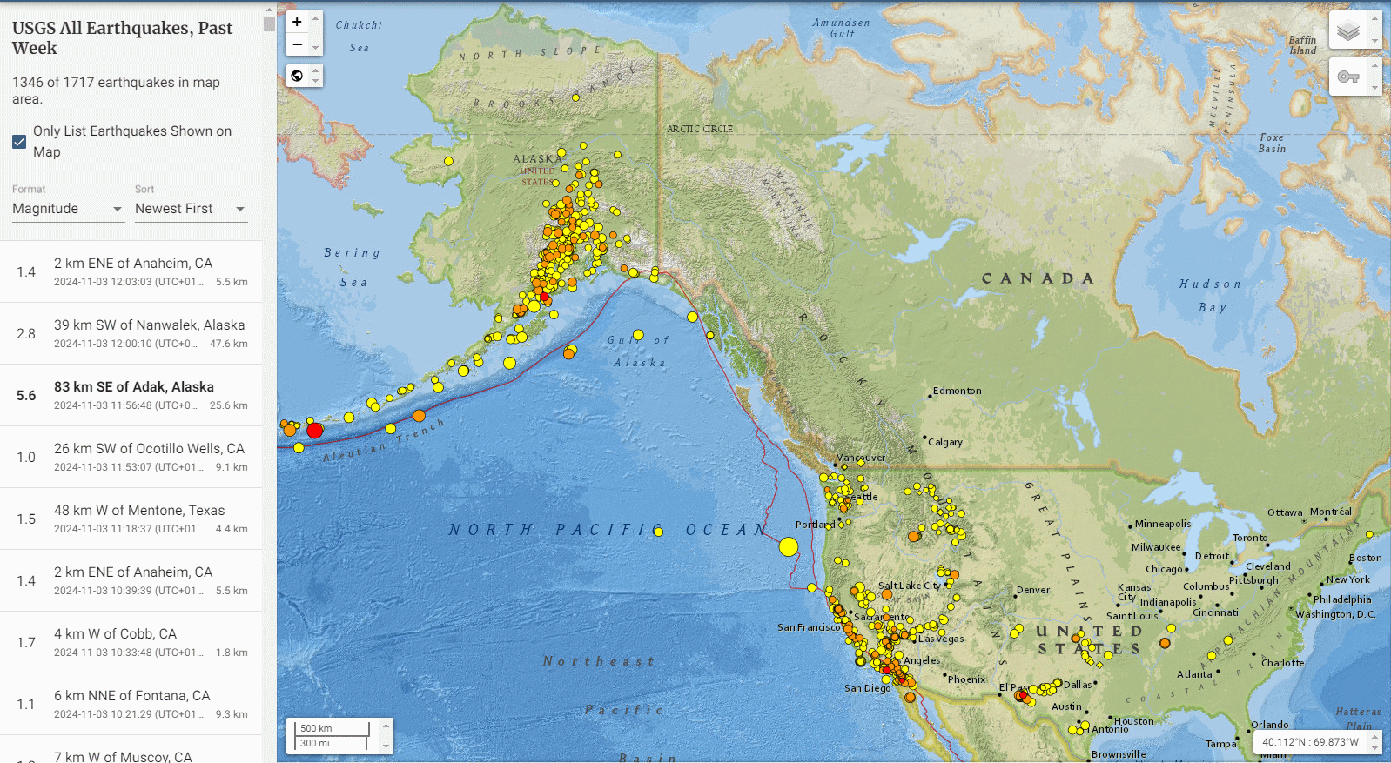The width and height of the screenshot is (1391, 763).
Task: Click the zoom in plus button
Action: pyautogui.click(x=297, y=22)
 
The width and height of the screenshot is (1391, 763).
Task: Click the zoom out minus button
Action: pyautogui.click(x=297, y=44)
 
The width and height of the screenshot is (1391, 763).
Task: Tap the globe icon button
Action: pyautogui.click(x=297, y=76)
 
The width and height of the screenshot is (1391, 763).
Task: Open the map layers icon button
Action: pyautogui.click(x=1348, y=31)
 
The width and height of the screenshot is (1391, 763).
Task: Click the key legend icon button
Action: pyautogui.click(x=1348, y=77)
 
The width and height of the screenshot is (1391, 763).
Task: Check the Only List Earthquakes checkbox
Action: pyautogui.click(x=19, y=142)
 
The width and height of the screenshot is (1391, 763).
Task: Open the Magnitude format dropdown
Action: pyautogui.click(x=68, y=209)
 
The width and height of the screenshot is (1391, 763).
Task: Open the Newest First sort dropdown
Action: pyautogui.click(x=190, y=209)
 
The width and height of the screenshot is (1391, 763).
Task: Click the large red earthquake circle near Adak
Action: pyautogui.click(x=315, y=430)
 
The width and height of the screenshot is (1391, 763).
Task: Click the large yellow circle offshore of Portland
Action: pyautogui.click(x=789, y=546)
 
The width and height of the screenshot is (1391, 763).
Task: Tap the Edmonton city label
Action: pyautogui.click(x=957, y=391)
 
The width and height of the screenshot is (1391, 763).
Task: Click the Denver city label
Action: pyautogui.click(x=1033, y=590)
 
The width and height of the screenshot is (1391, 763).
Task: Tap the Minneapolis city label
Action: pyautogui.click(x=1162, y=524)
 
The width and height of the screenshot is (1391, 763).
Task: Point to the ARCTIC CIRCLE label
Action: pyautogui.click(x=700, y=129)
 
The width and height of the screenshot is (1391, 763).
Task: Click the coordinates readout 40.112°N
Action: pyautogui.click(x=1309, y=742)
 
